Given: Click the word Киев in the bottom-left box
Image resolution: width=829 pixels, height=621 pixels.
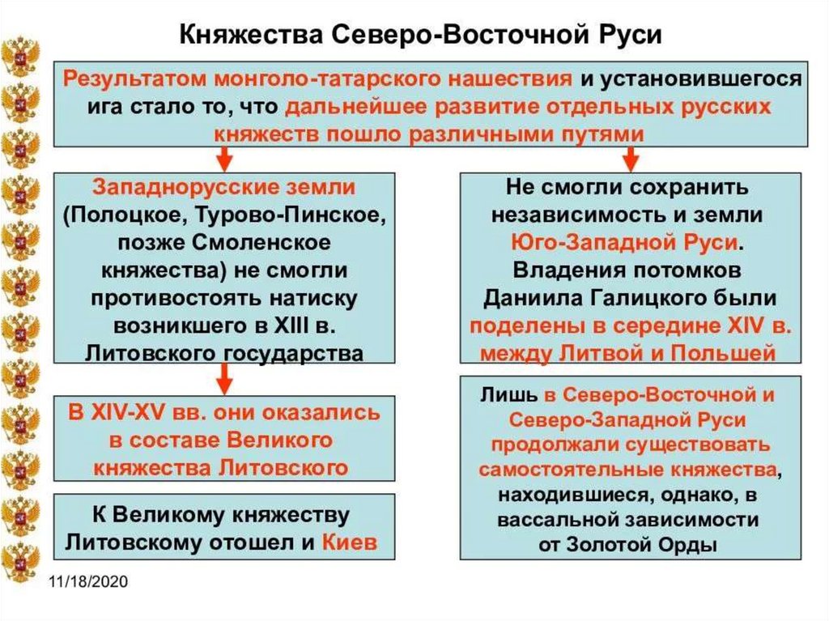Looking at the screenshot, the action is point(349,542).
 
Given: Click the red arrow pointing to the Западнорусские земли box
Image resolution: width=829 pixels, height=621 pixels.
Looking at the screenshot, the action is point(224,158).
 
